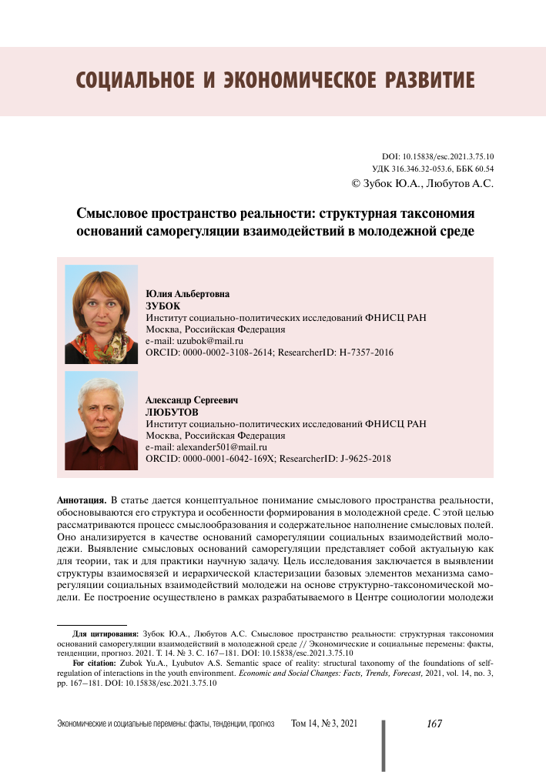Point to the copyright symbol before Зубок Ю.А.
[x=356, y=184]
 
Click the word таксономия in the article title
[x=436, y=213]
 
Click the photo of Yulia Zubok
[x=101, y=314]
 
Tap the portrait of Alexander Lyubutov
[x=101, y=420]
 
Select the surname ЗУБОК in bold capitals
[x=162, y=306]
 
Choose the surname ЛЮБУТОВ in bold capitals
[x=171, y=413]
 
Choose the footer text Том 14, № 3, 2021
[x=324, y=725]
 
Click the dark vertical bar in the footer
[x=383, y=744]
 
